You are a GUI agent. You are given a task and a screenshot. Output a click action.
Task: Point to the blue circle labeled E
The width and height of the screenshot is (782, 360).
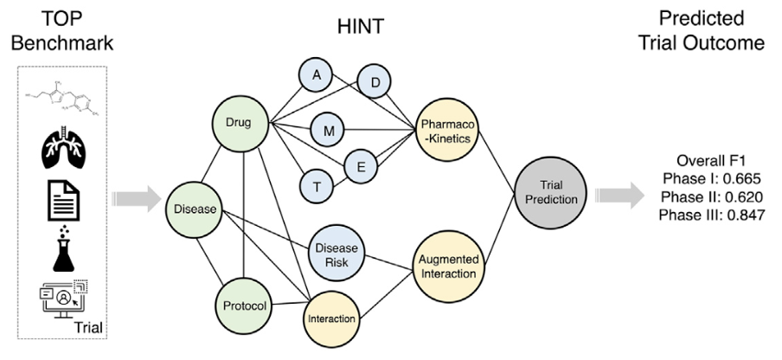(x=362, y=163)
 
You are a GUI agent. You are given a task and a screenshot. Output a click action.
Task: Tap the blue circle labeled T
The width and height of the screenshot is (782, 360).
(x=317, y=184)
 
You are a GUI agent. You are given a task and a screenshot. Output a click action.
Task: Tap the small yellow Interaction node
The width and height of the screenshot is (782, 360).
(x=332, y=318)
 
